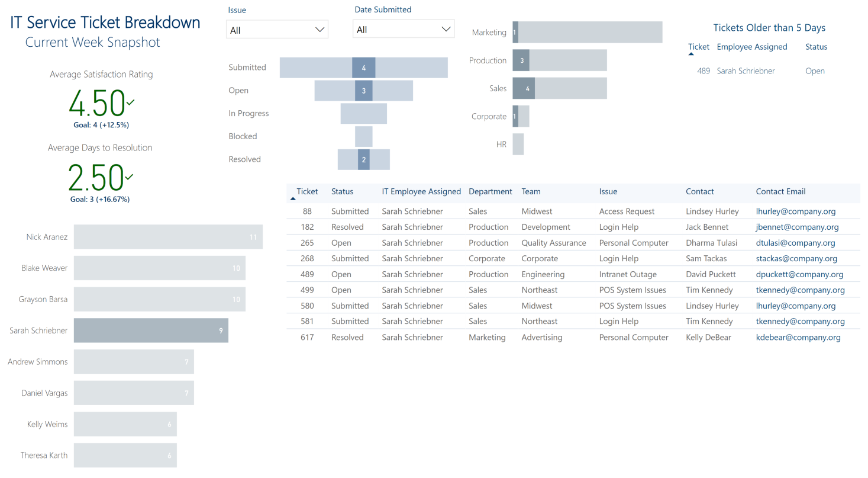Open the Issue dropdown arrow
[x=320, y=30]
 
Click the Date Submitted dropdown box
[x=404, y=29]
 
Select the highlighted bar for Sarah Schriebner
[x=151, y=331]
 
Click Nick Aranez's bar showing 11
[x=168, y=237]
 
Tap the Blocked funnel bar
[x=363, y=136]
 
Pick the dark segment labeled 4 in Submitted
[x=363, y=68]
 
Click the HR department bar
[x=518, y=145]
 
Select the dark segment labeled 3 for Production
[x=521, y=60]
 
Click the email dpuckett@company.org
[x=799, y=274]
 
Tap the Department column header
[x=490, y=191]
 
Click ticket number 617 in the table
[x=307, y=337]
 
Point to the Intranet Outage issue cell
[x=628, y=274]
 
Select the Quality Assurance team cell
[x=554, y=243]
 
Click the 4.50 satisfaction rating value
[x=97, y=103]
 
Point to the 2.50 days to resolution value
[x=96, y=178]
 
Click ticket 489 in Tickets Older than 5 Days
[x=704, y=71]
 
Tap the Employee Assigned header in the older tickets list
[x=752, y=47]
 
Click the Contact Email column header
[x=780, y=191]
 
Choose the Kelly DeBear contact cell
[x=708, y=337]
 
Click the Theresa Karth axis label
[x=44, y=455]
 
